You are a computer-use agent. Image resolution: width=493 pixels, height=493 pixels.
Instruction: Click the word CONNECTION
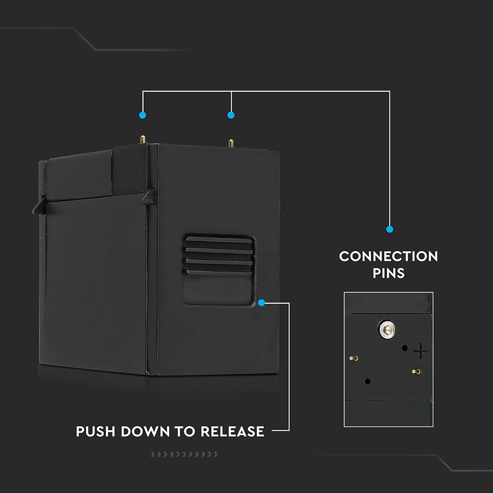coord(388,256)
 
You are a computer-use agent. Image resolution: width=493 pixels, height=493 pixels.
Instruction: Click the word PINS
coord(388,273)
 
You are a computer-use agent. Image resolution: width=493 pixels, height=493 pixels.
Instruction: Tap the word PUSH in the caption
coord(96,431)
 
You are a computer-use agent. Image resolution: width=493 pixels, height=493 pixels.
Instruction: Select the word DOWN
coord(145,431)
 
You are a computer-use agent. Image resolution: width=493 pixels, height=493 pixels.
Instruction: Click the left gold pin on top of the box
coord(142,140)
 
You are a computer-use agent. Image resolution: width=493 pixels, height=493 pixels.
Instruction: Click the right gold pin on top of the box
coord(230,142)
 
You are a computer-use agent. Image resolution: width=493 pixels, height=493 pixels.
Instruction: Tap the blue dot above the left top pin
coord(142,115)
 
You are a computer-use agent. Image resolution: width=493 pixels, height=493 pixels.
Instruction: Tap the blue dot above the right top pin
coord(231,115)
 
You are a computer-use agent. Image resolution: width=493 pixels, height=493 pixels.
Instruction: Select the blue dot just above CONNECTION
coord(389,229)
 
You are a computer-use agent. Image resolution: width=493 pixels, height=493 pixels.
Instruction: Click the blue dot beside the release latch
coord(262,302)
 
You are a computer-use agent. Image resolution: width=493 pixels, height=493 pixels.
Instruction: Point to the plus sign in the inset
coord(421,352)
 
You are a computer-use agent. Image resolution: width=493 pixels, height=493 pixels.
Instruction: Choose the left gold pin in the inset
coord(352,358)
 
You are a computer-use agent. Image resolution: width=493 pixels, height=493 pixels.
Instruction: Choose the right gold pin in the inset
coord(415,371)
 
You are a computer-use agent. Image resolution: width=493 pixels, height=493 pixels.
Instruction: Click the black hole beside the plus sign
coord(405,348)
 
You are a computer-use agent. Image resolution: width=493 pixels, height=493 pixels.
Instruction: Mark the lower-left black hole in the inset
coord(368,382)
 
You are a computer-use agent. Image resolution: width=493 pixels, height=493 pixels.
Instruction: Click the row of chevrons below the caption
coord(184,454)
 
